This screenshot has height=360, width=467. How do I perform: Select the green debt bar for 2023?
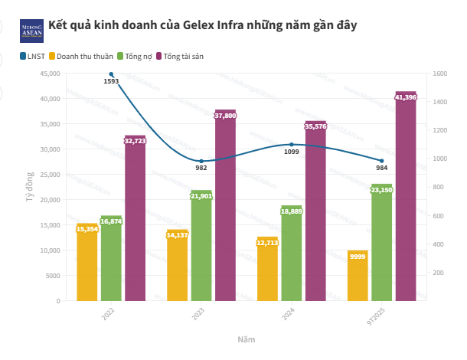(x=201, y=245)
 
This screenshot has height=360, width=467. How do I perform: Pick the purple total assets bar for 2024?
(x=315, y=211)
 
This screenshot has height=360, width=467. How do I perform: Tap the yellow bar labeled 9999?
(x=358, y=276)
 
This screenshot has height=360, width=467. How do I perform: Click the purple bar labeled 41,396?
(x=406, y=196)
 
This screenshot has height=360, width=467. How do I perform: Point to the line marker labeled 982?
(x=201, y=161)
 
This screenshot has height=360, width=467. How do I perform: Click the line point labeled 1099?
(x=292, y=144)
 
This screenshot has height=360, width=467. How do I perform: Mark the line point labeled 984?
(x=381, y=161)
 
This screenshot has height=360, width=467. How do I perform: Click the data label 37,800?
(x=225, y=116)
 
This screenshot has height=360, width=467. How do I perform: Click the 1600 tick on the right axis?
(x=438, y=74)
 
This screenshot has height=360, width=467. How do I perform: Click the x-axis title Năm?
(x=246, y=339)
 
